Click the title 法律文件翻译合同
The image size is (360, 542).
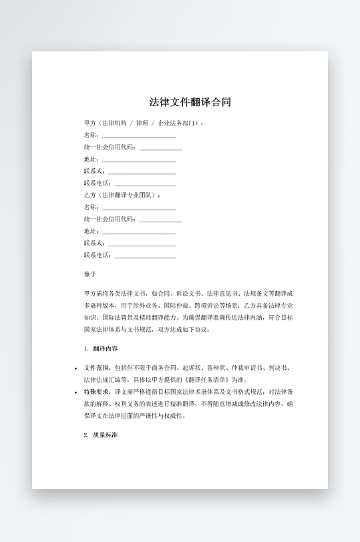[x=190, y=102]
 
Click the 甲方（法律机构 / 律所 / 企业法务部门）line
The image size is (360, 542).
[x=144, y=123]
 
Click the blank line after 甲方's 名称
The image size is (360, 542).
[x=139, y=135]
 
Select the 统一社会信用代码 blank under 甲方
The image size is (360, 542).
[x=160, y=148]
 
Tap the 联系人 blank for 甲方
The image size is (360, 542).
[x=142, y=172]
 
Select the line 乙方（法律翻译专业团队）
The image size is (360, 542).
[x=123, y=195]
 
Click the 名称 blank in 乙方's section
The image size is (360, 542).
[x=139, y=208]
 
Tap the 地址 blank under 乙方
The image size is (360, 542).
[x=139, y=232]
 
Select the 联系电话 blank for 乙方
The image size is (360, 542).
[x=146, y=256]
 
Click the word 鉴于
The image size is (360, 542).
[x=90, y=274]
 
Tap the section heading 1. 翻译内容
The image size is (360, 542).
[x=102, y=348]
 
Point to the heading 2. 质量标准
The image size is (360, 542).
[x=102, y=435]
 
